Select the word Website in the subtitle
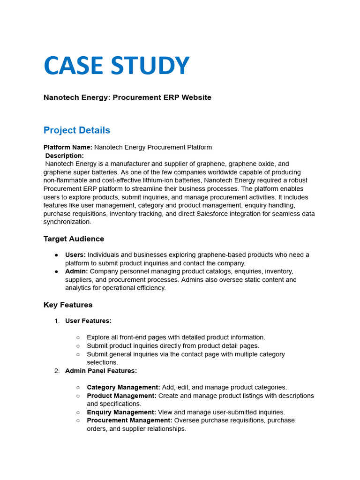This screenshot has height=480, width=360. tap(196, 97)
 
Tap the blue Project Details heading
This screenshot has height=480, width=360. tap(77, 130)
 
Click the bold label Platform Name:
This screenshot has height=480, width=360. tap(68, 147)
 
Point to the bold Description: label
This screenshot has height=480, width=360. tap(65, 156)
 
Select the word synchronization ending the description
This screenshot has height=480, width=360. tap(67, 222)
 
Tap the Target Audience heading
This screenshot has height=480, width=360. tap(74, 239)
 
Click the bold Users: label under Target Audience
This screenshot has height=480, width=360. tap(75, 255)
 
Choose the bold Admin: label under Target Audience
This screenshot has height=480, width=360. tap(76, 271)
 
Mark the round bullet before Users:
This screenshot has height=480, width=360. tap(56, 255)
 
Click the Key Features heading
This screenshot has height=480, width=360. tap(68, 305)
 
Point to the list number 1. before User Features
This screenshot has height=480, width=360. tap(57, 321)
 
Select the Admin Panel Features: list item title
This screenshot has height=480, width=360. tap(101, 371)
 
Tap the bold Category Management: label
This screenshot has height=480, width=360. tap(123, 388)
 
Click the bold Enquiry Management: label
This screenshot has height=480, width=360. tap(121, 412)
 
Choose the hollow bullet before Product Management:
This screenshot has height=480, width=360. tap(78, 396)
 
